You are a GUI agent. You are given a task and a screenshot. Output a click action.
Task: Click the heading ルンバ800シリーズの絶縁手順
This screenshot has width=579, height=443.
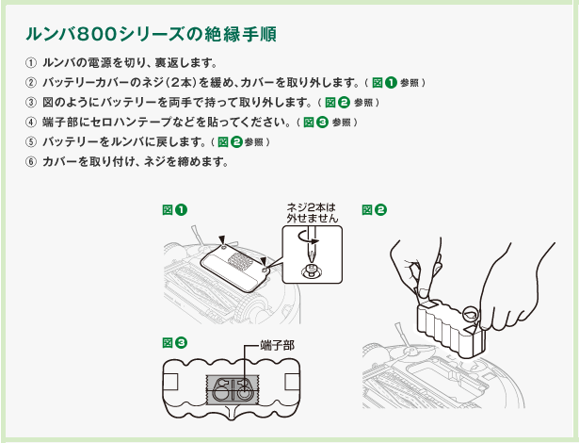[152, 35]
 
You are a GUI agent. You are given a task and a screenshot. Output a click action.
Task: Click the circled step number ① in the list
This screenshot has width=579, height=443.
[30, 63]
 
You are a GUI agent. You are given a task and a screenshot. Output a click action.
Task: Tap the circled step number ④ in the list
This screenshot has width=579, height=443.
[30, 122]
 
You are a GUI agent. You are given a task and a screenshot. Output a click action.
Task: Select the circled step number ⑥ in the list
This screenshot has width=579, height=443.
[30, 161]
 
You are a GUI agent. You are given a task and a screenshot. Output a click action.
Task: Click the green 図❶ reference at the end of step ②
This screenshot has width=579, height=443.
[384, 83]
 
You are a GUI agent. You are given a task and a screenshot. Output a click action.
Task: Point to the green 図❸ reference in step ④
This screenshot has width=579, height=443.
[314, 123]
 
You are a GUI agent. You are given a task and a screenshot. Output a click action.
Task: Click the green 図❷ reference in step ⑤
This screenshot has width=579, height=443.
[230, 142]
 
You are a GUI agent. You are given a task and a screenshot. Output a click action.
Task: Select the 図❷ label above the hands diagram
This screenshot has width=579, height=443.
[374, 208]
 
